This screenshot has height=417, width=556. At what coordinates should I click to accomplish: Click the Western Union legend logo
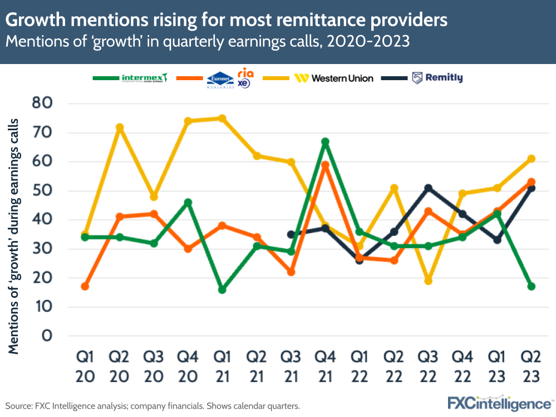coord(333,78)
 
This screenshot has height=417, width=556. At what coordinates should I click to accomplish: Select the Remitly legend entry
coord(437,78)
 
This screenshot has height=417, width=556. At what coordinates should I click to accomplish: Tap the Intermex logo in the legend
coord(144,78)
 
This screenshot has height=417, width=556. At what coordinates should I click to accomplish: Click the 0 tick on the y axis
coord(47,336)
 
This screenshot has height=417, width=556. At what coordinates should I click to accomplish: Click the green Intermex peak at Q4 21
coord(325,141)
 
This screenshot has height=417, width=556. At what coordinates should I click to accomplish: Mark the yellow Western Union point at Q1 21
coord(222,118)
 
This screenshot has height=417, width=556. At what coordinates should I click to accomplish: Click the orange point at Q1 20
coord(85,286)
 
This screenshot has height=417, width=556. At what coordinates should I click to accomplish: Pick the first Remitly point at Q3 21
coord(291,234)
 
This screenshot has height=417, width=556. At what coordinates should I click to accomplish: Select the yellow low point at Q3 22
coord(428,281)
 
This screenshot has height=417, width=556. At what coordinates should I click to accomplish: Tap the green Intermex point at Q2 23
coord(531,286)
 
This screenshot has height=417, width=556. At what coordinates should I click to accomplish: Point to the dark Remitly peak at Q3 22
coord(428,188)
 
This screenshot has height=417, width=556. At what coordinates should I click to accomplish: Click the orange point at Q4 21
coord(325,165)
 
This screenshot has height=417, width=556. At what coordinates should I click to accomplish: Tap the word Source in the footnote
coord(18,406)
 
